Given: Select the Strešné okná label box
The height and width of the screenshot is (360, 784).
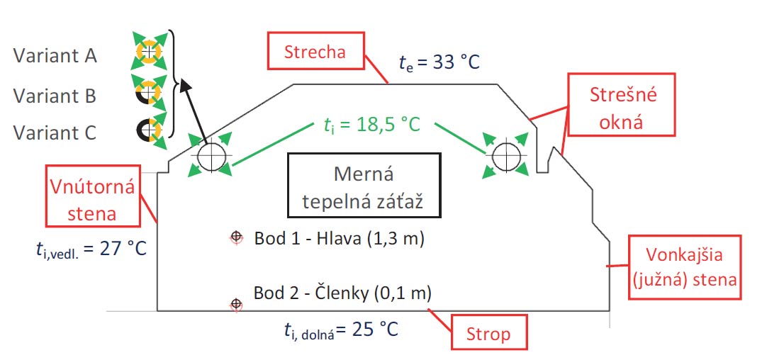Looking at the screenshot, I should [x=622, y=108].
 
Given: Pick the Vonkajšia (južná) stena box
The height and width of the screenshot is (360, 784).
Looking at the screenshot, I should [x=684, y=268].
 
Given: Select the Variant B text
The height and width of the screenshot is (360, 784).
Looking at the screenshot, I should [x=55, y=95].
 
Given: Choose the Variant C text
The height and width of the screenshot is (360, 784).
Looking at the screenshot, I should [x=55, y=133].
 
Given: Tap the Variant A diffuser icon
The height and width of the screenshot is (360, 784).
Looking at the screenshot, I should [x=149, y=52].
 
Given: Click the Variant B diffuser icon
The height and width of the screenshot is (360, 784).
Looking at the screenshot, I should [x=149, y=92].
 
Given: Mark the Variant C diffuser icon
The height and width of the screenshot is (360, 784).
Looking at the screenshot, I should [x=149, y=130].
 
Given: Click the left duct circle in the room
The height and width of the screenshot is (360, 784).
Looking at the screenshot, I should [x=211, y=156].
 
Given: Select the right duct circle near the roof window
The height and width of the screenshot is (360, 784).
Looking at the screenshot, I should [x=506, y=156].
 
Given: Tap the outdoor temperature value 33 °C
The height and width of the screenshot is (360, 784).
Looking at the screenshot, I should [x=439, y=62].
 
